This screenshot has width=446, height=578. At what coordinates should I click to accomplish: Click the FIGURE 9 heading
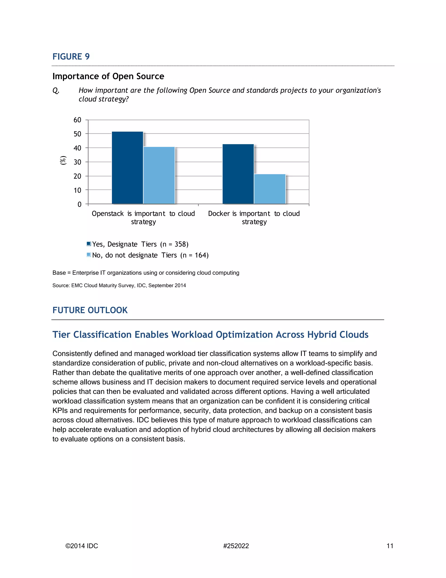[x=71, y=57]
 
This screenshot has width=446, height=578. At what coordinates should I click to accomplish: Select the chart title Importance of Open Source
[x=108, y=76]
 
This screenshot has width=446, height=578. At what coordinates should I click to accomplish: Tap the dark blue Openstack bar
[x=127, y=168]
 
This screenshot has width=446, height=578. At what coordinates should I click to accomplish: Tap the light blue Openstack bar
[x=159, y=175]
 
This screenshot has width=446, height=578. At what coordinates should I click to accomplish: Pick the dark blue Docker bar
[x=238, y=174]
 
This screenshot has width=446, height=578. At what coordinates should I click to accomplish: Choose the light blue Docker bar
[x=270, y=189]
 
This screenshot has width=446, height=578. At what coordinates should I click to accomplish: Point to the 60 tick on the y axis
[x=77, y=120]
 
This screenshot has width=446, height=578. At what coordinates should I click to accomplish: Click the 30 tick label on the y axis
[x=77, y=162]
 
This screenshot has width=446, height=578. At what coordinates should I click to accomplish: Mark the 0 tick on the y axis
[x=79, y=204]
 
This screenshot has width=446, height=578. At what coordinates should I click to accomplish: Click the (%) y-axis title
[x=63, y=160]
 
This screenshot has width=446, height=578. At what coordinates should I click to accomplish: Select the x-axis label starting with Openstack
[x=143, y=217]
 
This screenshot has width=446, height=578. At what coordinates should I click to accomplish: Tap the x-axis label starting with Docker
[x=254, y=217]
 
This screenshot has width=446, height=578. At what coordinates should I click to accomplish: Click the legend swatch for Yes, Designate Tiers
[x=89, y=244]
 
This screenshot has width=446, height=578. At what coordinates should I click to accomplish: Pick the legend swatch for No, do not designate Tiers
[x=89, y=255]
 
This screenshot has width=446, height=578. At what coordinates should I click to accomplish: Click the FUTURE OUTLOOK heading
[x=90, y=310]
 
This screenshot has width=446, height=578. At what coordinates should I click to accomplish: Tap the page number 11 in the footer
[x=390, y=546]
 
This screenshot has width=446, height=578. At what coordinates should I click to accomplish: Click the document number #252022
[x=236, y=546]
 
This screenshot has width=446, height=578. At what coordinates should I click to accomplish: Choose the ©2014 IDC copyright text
[x=82, y=546]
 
